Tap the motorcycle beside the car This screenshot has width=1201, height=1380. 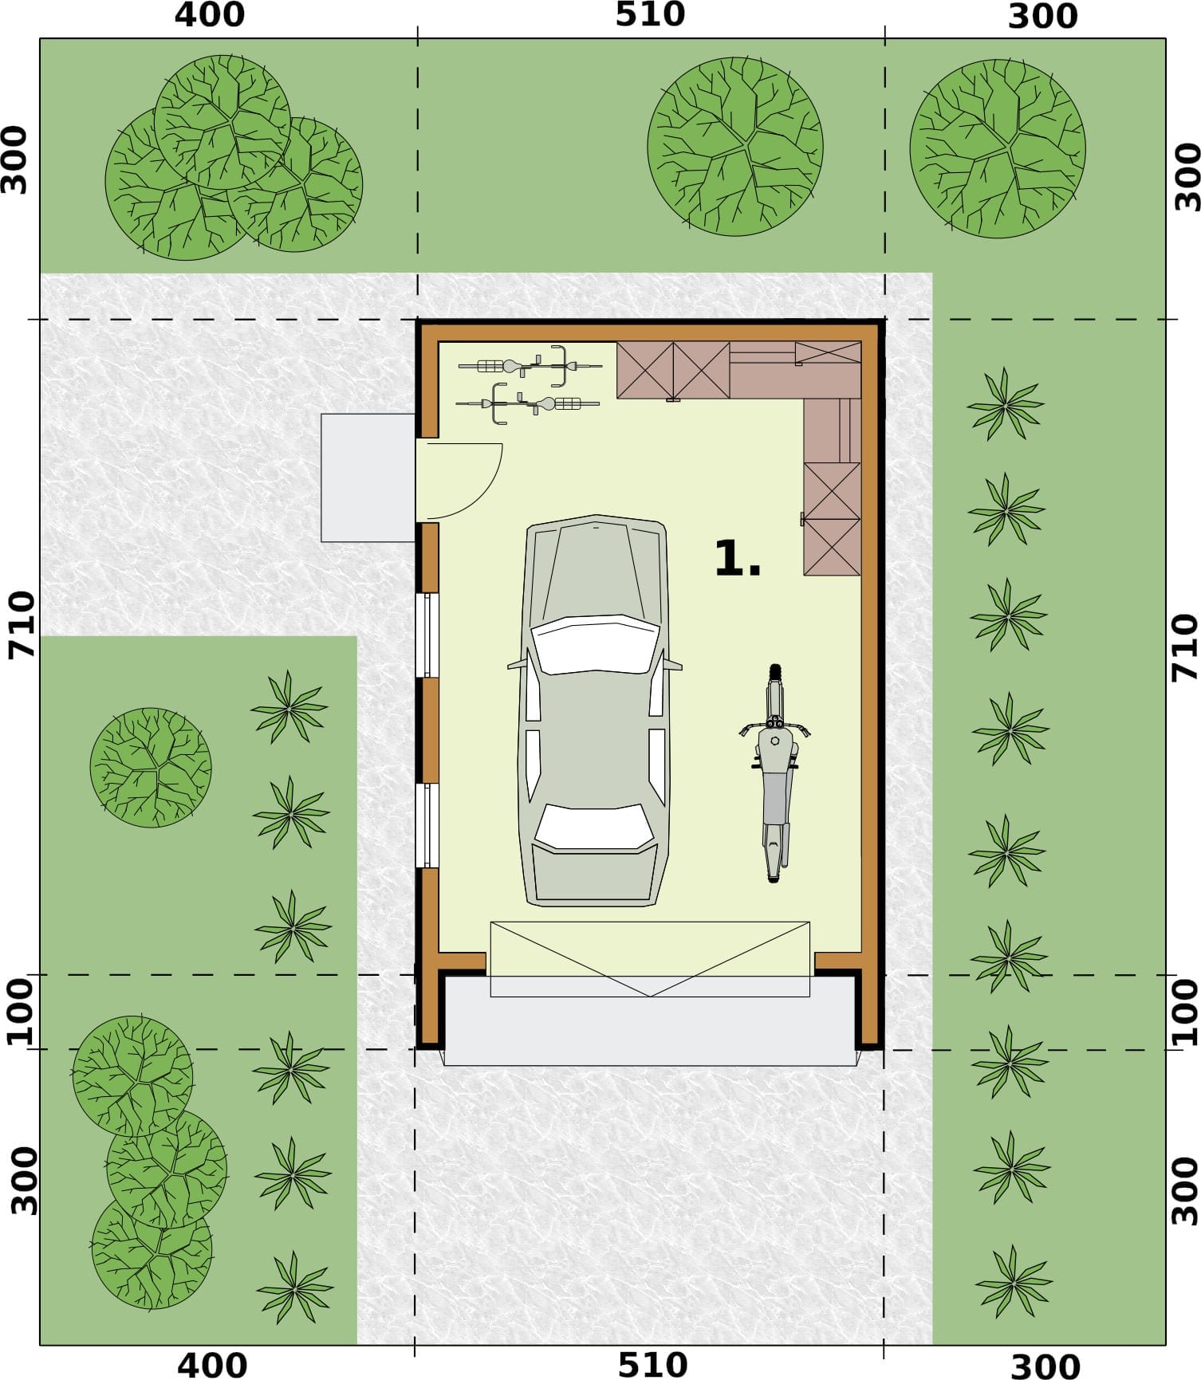click(774, 773)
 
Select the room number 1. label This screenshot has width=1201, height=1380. click(738, 558)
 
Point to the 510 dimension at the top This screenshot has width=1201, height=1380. click(650, 15)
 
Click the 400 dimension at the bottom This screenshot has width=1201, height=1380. click(211, 1364)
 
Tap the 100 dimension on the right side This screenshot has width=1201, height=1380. click(1185, 1012)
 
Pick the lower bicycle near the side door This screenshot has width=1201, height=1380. click(527, 403)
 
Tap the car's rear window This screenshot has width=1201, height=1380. click(594, 827)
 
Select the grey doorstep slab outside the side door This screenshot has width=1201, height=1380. click(368, 478)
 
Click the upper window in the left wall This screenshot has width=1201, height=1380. click(427, 635)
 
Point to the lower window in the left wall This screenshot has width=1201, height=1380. click(427, 826)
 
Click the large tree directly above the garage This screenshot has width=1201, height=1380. click(735, 146)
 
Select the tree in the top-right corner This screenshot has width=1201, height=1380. click(997, 149)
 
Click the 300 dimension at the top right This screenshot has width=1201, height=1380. click(1043, 16)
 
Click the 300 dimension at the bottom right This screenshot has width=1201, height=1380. click(1045, 1366)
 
